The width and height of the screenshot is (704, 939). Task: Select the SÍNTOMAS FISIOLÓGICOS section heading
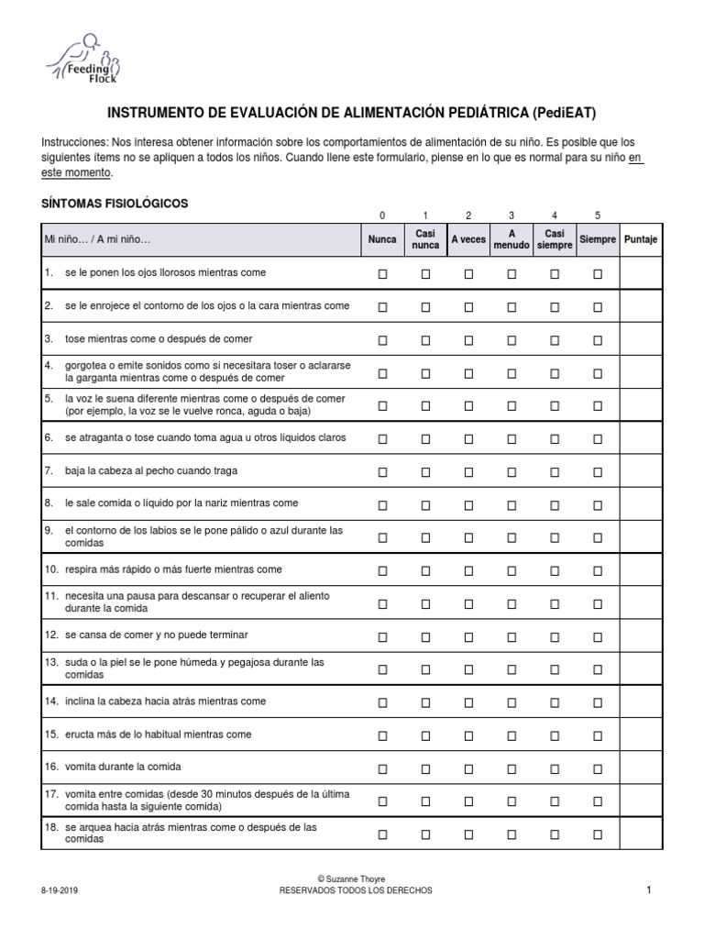115,203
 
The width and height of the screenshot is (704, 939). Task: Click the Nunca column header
382,239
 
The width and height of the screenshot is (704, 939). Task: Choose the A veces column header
468,239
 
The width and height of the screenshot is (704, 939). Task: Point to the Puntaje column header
641,239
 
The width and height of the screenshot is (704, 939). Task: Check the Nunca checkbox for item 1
383,274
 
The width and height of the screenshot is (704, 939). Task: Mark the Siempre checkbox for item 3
598,339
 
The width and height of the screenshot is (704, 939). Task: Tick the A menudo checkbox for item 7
511,471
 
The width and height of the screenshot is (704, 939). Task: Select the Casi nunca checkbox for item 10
425,570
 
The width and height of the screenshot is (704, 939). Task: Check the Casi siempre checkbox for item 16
555,768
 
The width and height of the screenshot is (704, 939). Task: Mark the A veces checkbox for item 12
468,636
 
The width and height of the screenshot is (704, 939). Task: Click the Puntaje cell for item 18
641,834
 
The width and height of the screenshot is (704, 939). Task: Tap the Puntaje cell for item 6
641,438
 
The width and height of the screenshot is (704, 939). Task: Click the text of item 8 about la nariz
181,503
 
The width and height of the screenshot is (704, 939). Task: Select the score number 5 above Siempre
598,215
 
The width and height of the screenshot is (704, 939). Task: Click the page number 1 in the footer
648,889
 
